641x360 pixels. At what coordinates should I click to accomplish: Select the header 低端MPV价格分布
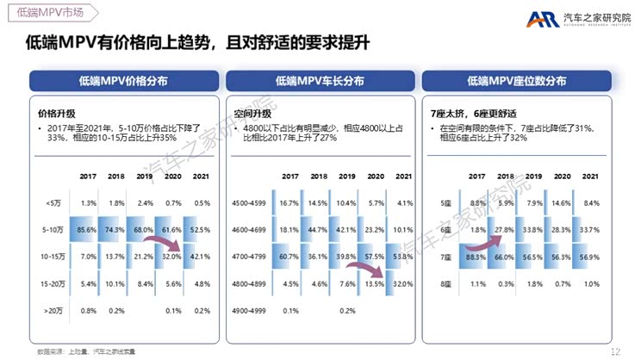tap(122, 81)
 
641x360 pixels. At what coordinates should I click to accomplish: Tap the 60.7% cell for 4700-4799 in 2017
tap(289, 257)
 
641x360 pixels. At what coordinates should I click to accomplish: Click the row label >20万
tap(52, 310)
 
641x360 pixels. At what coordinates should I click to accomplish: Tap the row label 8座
tap(445, 283)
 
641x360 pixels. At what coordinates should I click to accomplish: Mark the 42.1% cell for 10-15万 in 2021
tap(201, 257)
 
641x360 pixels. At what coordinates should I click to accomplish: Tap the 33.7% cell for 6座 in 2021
tap(590, 230)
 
